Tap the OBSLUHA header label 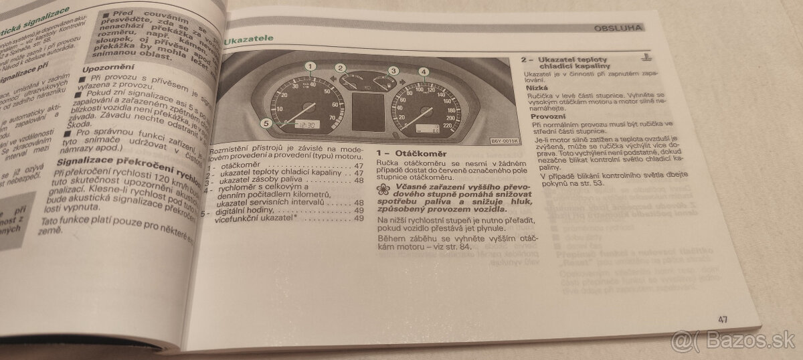(618, 27)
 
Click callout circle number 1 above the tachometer (310, 66)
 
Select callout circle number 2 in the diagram (341, 68)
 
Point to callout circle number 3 (393, 70)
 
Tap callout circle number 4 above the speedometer (423, 72)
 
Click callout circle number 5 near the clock (266, 122)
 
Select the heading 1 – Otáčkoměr (405, 153)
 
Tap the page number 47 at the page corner (722, 320)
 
